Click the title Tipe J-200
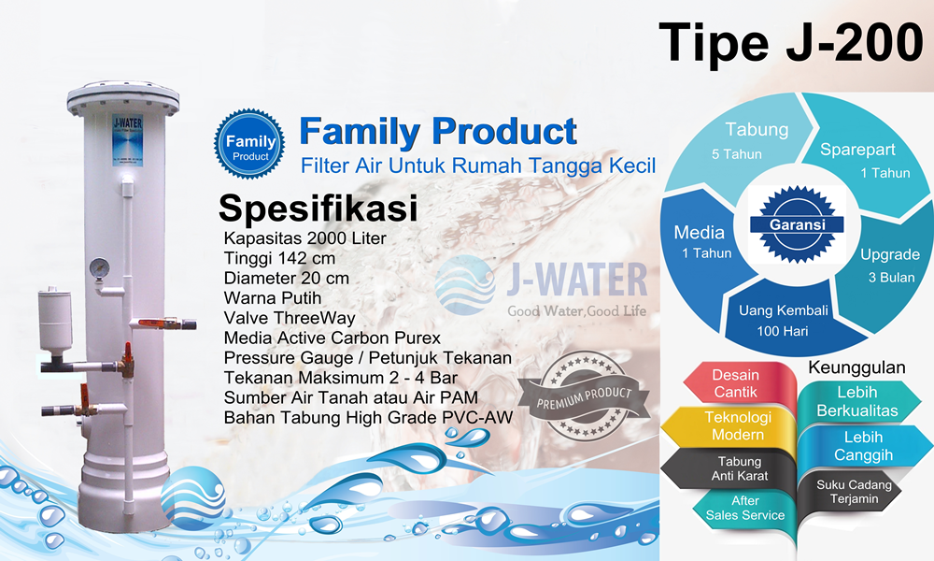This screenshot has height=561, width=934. (x=790, y=42)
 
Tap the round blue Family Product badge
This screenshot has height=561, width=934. (x=249, y=144)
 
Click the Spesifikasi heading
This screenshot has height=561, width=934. (x=318, y=209)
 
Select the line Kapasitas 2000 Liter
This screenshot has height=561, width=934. (x=305, y=238)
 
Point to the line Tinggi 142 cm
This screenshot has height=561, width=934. (x=279, y=258)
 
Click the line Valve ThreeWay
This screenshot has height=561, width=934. (x=290, y=318)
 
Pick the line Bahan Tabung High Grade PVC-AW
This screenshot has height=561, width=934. (x=368, y=417)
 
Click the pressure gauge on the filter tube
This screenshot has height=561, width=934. (x=100, y=267)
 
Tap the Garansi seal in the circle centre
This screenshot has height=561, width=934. (x=797, y=224)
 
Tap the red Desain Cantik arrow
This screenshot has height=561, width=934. (x=739, y=383)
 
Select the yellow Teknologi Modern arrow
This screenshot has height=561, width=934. (x=729, y=425)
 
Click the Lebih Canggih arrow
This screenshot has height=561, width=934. (x=864, y=446)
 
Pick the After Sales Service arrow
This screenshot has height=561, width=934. (x=744, y=508)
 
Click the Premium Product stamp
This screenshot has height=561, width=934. (x=585, y=396)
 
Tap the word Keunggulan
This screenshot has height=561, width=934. (x=856, y=367)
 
